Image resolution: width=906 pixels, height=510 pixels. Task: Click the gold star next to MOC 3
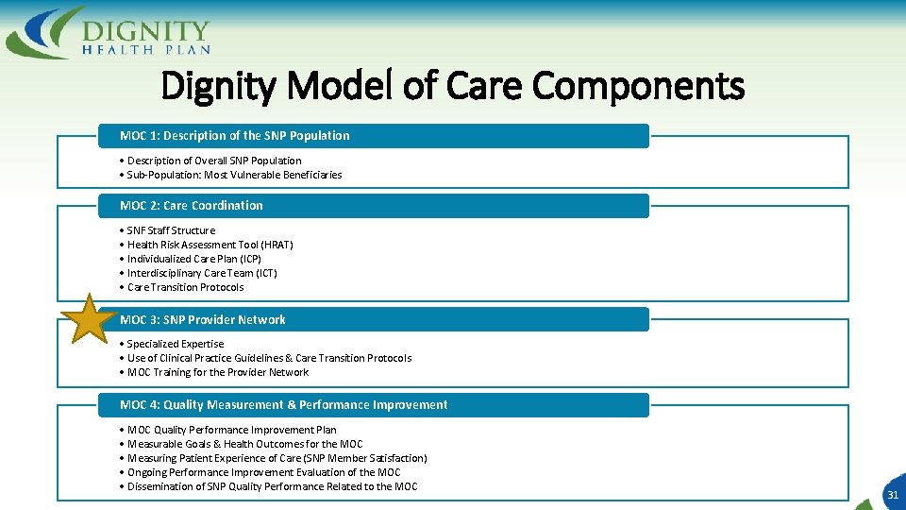[x=90, y=319]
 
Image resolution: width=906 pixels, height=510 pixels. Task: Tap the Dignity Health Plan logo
[x=109, y=31]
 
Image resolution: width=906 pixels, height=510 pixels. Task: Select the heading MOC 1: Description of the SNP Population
[x=234, y=136]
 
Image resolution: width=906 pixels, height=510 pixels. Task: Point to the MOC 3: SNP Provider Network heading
[x=203, y=320]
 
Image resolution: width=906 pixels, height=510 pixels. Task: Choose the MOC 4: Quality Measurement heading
[x=283, y=405]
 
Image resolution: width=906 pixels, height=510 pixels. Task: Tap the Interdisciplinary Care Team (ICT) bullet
[x=201, y=273]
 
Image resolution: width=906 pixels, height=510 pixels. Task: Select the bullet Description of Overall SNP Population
[x=213, y=161]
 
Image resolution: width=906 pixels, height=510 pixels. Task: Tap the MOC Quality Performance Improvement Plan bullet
[x=230, y=430]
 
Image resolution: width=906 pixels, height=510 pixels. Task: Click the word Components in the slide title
[x=638, y=87]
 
